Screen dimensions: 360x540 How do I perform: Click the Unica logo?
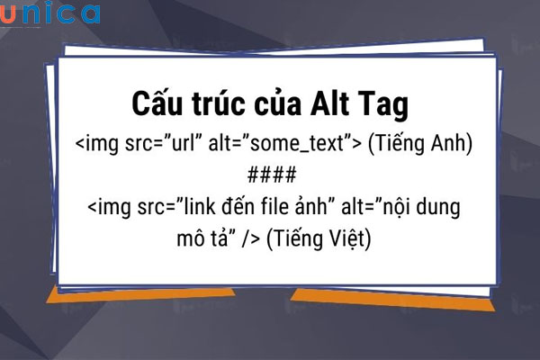tap(50, 13)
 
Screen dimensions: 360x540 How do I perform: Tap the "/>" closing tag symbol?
tap(249, 240)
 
